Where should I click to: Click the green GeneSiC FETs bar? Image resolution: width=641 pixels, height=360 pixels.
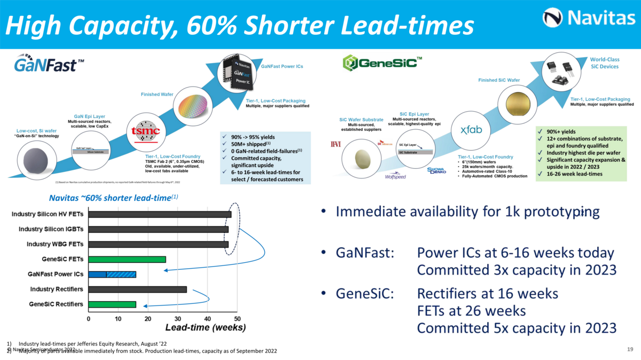127,260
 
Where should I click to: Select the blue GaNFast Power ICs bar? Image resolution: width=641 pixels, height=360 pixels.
112,275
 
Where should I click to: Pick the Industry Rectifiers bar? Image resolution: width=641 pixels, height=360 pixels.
138,289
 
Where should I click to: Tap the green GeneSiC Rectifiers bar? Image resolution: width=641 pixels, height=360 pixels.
112,304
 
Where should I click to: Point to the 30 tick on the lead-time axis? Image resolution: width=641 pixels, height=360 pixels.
178,318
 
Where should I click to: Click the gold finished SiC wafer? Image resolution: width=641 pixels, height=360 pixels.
515,103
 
